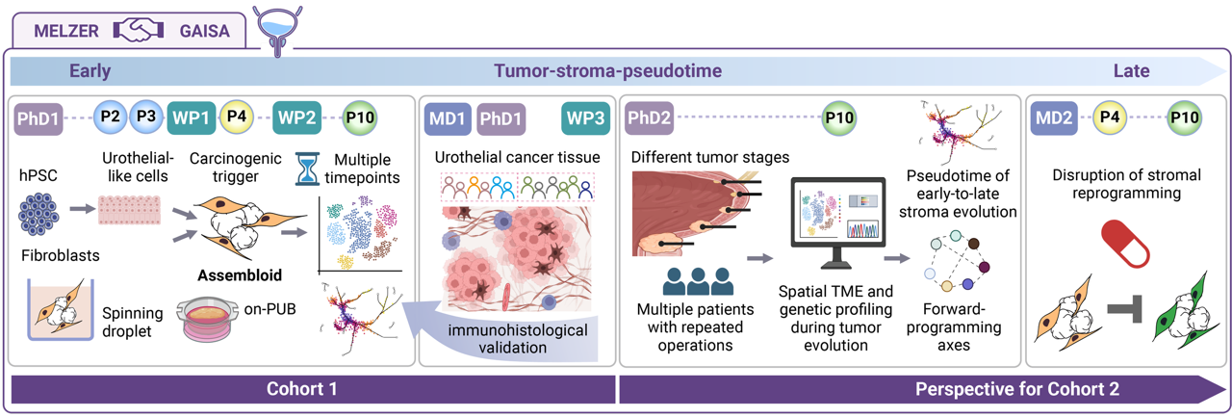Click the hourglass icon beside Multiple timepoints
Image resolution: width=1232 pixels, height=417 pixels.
pyautogui.click(x=308, y=169)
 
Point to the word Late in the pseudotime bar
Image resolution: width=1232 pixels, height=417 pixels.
pyautogui.click(x=1131, y=70)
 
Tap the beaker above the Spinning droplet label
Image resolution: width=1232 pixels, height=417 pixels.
pyautogui.click(x=58, y=309)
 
